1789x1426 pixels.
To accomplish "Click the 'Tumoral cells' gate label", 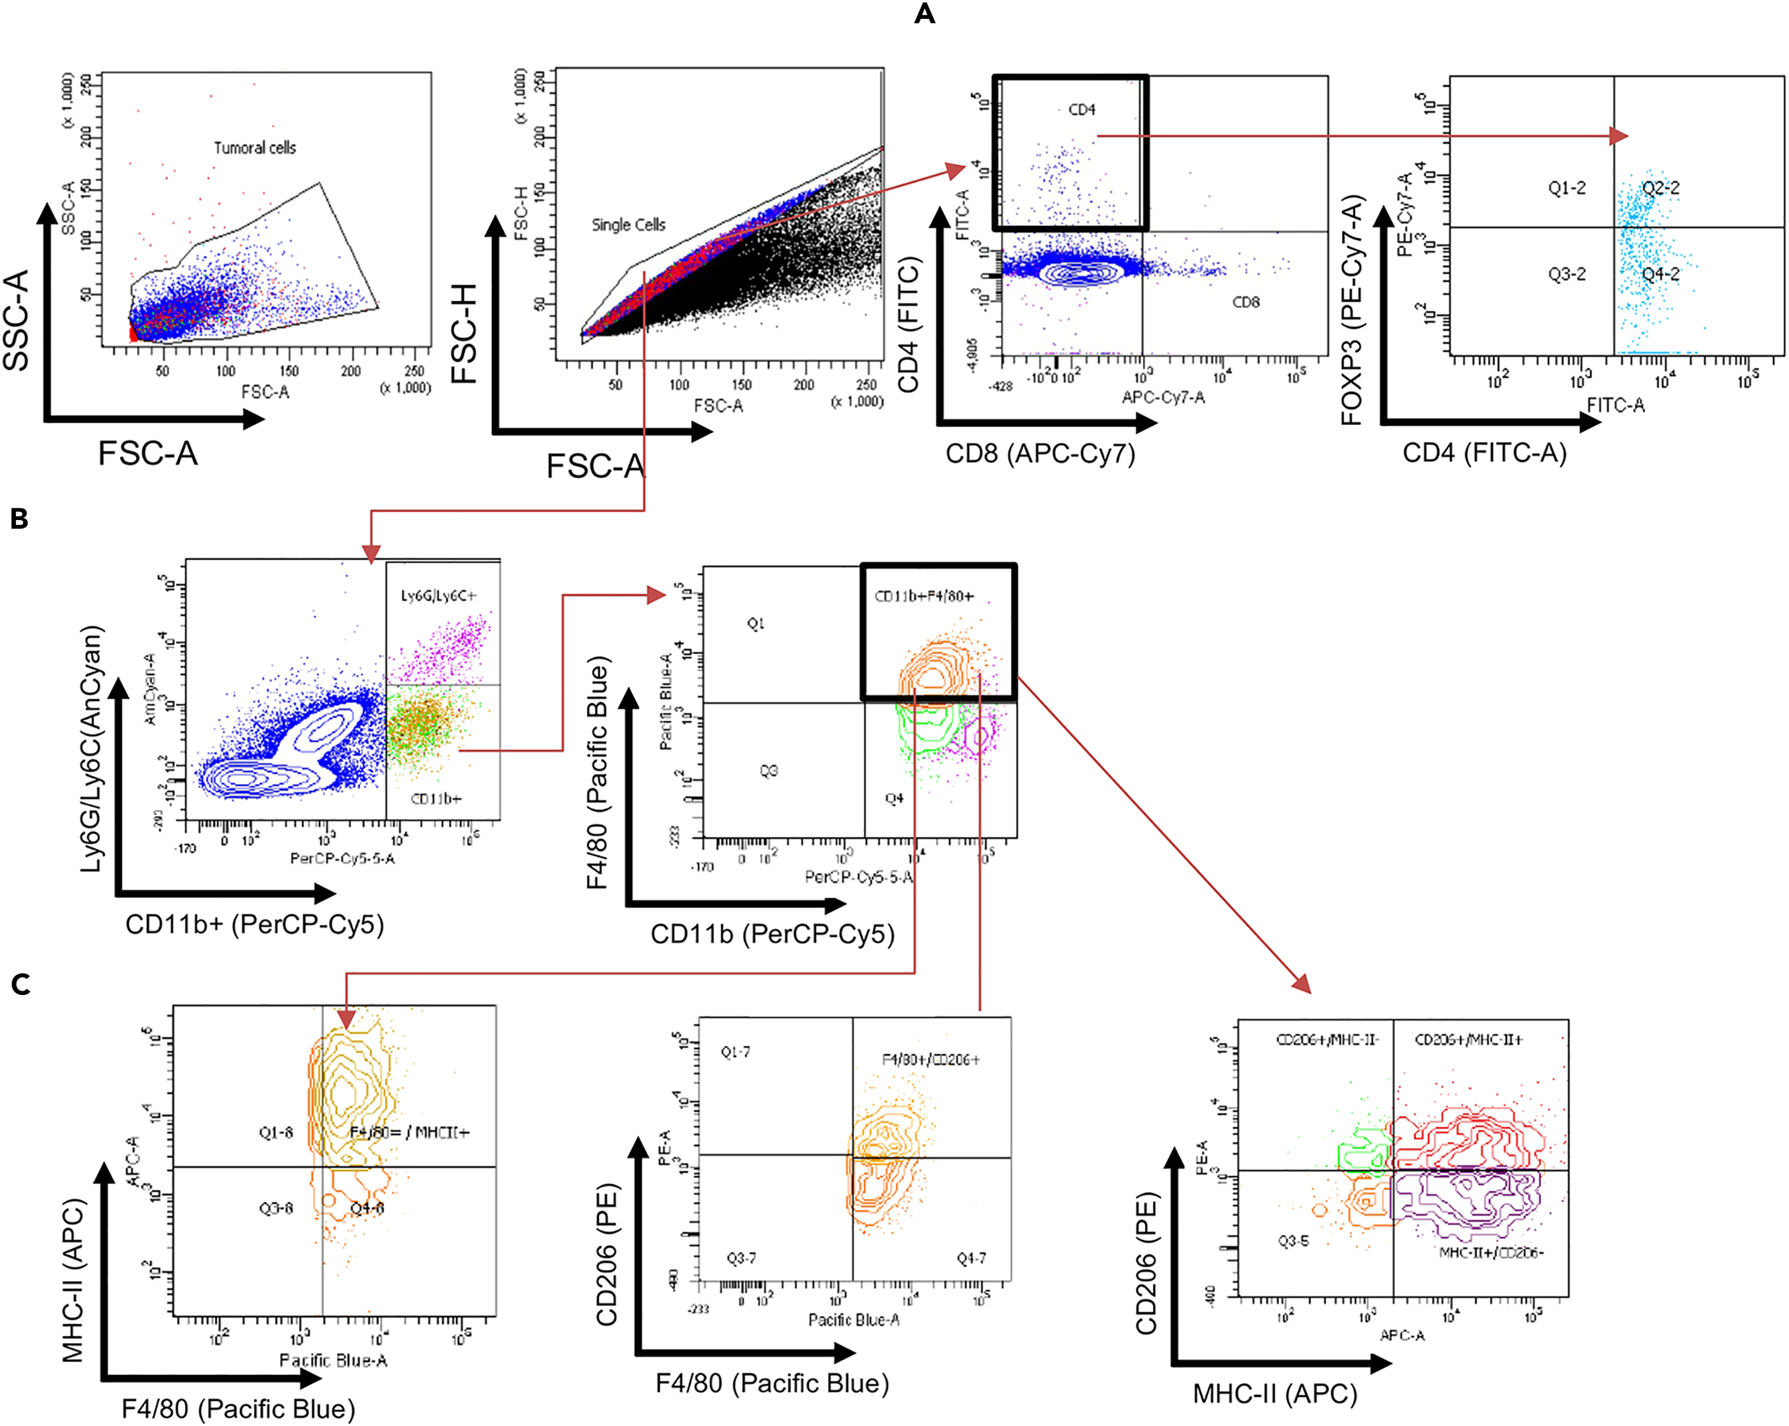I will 255,148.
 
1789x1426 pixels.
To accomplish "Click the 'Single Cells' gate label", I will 628,225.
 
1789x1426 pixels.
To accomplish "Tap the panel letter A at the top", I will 924,14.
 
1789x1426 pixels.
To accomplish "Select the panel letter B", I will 19,519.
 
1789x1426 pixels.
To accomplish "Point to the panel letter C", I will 21,985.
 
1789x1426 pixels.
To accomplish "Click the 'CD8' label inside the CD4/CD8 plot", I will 1245,303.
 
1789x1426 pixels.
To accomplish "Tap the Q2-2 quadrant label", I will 1661,188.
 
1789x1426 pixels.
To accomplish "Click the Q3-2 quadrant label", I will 1567,275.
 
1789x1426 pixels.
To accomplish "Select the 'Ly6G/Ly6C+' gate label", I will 439,595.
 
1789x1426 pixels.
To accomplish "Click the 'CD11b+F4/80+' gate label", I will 924,597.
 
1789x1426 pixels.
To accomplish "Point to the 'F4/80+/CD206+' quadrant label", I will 930,1059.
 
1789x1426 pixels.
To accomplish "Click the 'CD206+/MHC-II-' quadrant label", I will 1327,1039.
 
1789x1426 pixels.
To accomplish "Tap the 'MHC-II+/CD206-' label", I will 1491,1252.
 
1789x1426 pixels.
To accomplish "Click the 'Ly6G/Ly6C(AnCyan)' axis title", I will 93,748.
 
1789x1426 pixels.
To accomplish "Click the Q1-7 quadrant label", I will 735,1053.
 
